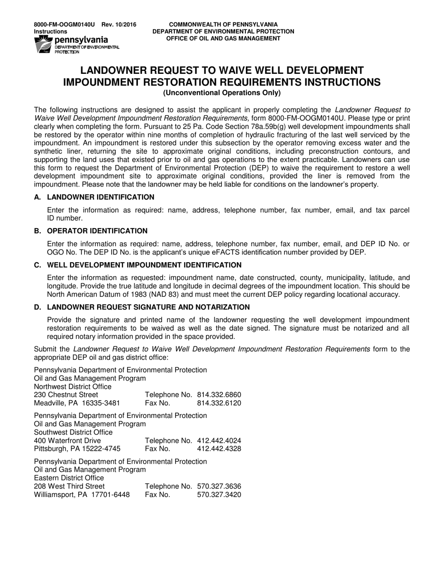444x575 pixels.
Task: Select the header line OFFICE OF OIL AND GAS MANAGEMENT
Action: (223, 38)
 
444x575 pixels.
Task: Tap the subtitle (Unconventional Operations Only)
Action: (222, 93)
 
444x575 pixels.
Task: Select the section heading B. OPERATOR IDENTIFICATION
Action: (91, 231)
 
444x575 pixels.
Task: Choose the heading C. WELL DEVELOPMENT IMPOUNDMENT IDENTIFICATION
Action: (138, 265)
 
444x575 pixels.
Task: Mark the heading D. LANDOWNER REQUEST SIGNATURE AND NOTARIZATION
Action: (142, 307)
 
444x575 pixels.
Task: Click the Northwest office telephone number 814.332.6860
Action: (219, 395)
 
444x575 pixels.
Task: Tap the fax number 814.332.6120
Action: (219, 403)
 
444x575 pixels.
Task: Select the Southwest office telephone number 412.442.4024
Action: (219, 440)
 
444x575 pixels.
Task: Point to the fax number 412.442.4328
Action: (219, 449)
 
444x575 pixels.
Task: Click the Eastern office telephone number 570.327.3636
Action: (219, 486)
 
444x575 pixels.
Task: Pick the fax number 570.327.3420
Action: (219, 495)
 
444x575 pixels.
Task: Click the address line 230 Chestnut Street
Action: (66, 395)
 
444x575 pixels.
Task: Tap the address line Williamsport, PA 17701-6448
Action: (82, 495)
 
